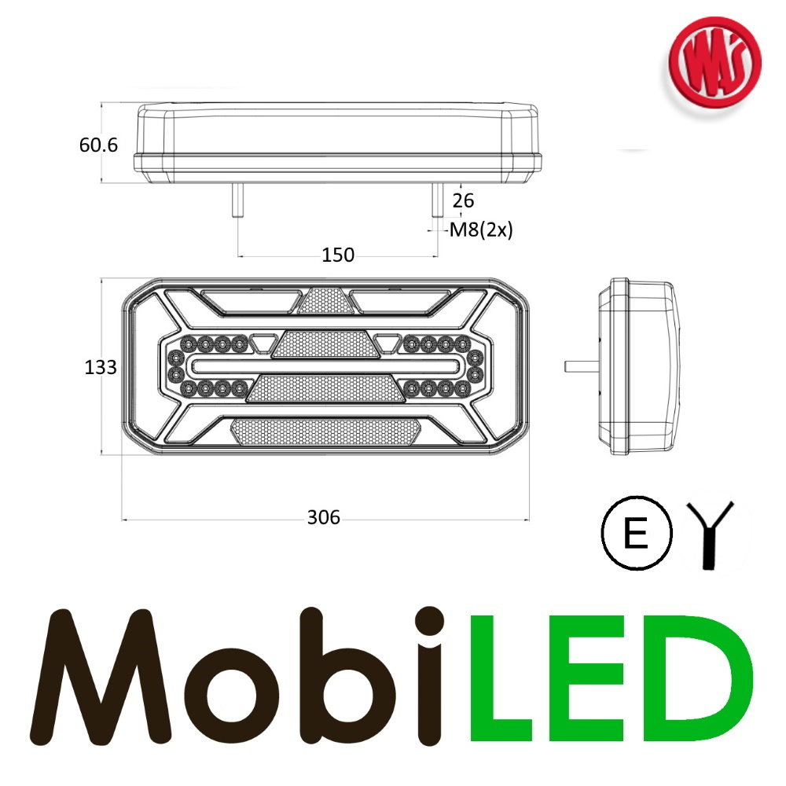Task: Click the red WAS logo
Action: (x=714, y=64)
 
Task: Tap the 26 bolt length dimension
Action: (x=464, y=201)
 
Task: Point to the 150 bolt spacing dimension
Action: (x=338, y=255)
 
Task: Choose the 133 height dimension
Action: (x=101, y=367)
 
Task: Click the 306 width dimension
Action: (x=323, y=517)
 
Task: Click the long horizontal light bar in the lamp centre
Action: (x=325, y=367)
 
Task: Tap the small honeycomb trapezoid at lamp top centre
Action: (x=320, y=299)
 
